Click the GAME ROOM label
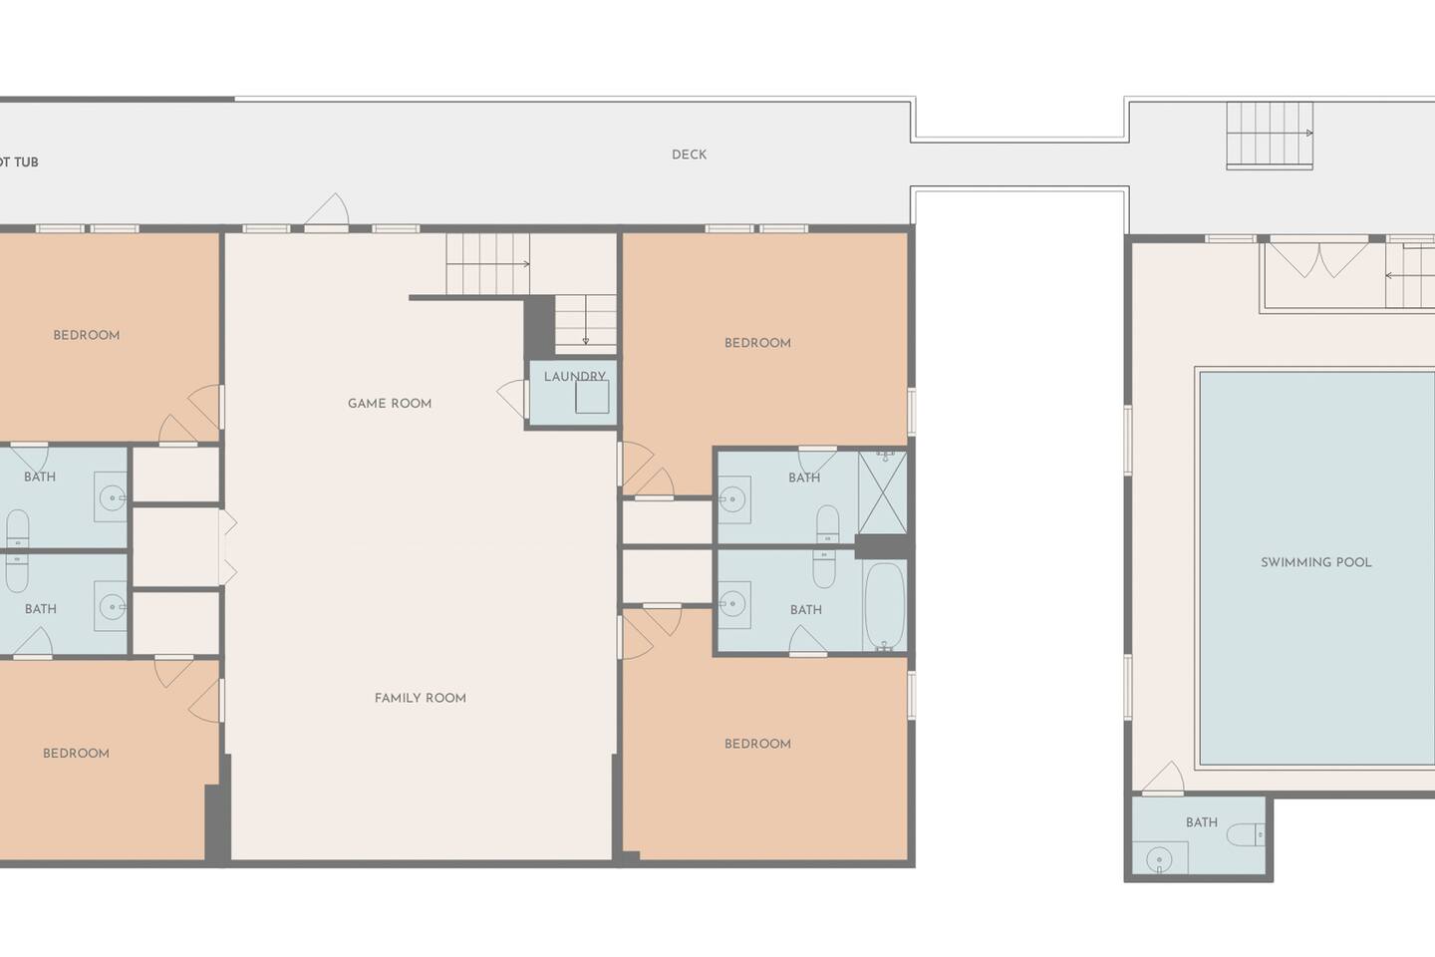390,403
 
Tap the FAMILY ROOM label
421,698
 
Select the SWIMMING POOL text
1315,563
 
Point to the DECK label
689,155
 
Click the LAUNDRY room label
575,376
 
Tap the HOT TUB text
18,162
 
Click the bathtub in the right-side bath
884,606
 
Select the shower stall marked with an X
882,492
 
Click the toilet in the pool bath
1246,834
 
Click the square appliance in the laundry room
591,397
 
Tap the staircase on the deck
1270,136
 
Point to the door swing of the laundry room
511,399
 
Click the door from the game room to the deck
327,211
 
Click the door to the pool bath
1163,778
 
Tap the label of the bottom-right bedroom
757,745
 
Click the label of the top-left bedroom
87,335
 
